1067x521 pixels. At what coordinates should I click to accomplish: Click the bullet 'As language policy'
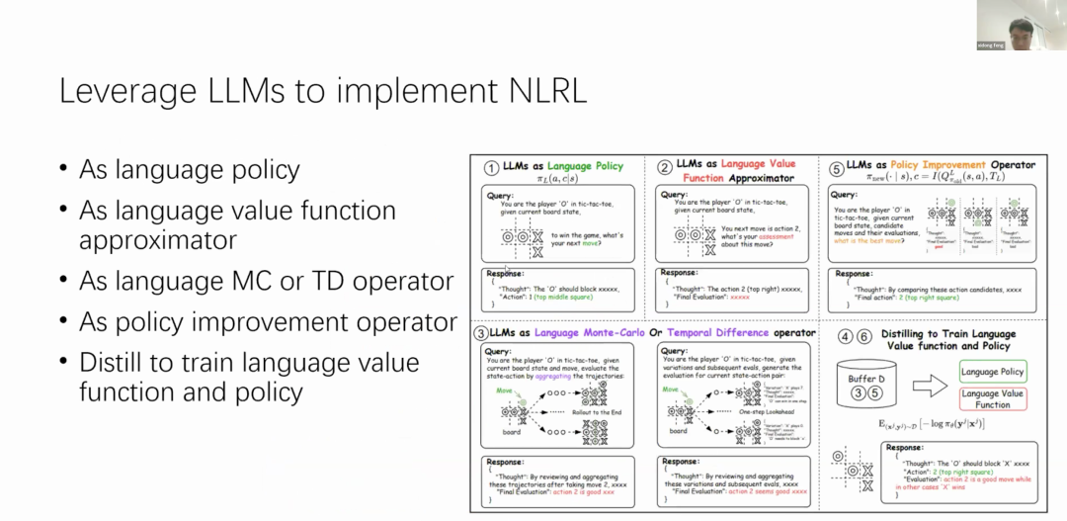189,170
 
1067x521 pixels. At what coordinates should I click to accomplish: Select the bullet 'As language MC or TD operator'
266,281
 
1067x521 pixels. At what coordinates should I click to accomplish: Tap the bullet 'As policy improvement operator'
268,322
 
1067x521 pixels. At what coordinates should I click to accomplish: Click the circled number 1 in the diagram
491,167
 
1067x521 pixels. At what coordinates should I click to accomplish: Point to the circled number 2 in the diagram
664,167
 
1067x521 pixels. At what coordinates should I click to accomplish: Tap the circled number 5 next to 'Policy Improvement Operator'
837,166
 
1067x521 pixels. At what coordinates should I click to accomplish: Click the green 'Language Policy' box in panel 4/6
993,372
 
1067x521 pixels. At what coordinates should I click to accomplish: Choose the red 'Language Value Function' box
993,398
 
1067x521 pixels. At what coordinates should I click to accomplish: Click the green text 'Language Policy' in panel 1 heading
586,166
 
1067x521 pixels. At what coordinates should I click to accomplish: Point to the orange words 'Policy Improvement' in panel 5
938,165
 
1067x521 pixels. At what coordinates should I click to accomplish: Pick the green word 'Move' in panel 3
506,391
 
